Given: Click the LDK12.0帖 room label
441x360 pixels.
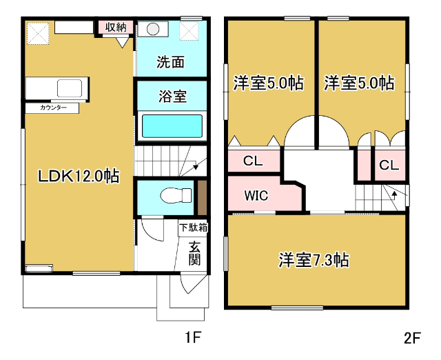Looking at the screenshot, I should pos(79,176).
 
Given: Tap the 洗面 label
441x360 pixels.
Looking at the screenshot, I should pos(170,61).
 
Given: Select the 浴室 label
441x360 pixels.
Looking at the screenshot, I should pos(172,96).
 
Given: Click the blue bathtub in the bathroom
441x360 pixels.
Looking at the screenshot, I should pos(172,127).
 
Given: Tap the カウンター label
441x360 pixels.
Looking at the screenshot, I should pos(53,108).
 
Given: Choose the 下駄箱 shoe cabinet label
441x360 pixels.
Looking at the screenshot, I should pos(194,227).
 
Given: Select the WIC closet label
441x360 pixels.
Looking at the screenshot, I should pos(256,195).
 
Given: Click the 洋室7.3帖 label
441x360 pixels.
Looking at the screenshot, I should pos(314,261).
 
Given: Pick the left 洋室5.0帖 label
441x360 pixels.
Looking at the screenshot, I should pos(268,83).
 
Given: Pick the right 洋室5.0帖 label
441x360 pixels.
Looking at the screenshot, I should pos(359,83).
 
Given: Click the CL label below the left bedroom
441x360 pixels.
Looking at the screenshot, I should pos(253,162).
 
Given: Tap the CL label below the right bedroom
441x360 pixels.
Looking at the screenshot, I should pos(389,166).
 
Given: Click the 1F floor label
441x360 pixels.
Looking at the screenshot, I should pos(192,339).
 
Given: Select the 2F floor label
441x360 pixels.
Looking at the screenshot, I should pos(412,339).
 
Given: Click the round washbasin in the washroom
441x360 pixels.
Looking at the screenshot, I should pos(153,30).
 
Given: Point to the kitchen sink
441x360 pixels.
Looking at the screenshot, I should pos(70,88).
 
